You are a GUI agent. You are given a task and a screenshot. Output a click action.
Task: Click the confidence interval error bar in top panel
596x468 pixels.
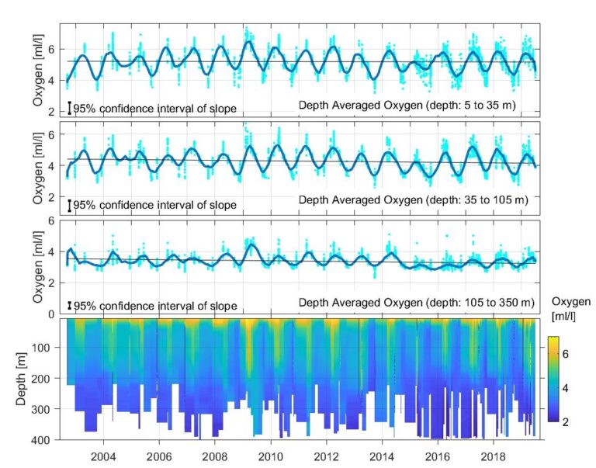[x=69, y=108]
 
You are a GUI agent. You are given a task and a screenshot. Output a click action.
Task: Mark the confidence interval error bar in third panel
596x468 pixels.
[x=69, y=306]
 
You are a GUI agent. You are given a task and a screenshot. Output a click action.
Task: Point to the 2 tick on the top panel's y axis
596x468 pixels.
[x=58, y=112]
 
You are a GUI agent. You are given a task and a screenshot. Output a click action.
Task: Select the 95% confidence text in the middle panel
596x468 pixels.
[x=155, y=206]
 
